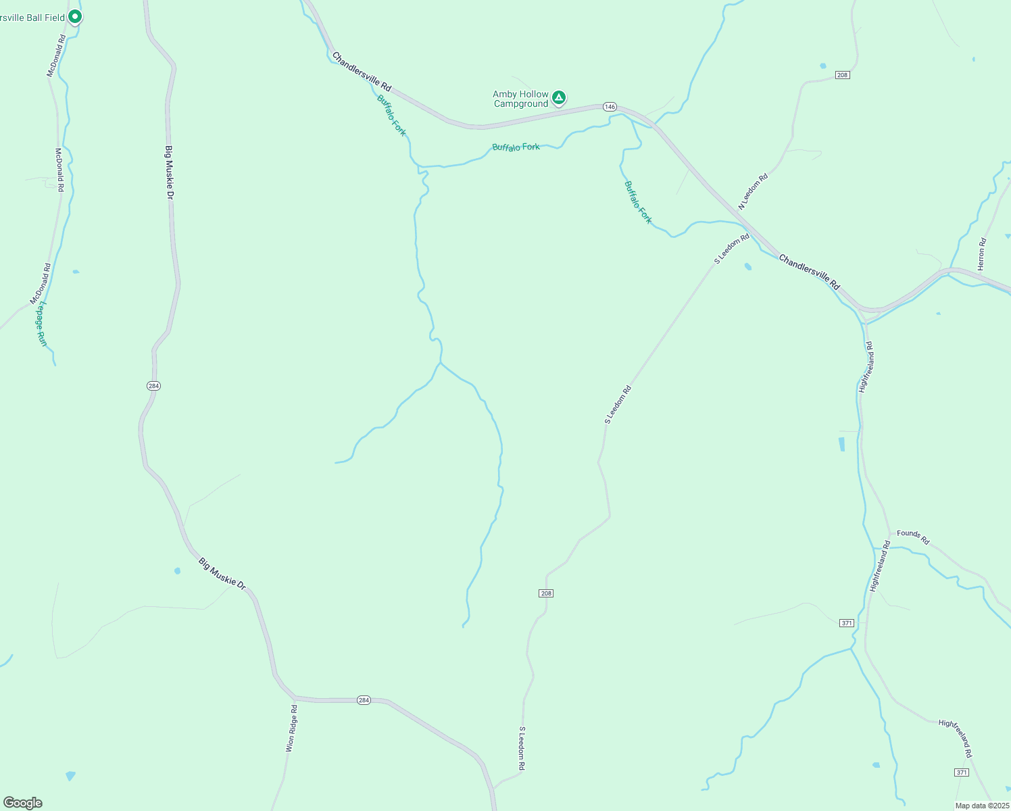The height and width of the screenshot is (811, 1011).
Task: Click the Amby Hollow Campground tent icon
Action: tap(559, 98)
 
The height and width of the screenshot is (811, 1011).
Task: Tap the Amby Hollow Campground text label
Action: tap(520, 99)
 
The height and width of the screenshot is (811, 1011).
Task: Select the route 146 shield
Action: tap(610, 107)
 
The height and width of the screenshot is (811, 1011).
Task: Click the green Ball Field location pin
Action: tap(75, 16)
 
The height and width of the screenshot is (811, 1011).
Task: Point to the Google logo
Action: tap(22, 803)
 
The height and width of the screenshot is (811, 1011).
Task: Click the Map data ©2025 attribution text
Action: tap(981, 806)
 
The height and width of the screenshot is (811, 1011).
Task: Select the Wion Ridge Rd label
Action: tap(291, 729)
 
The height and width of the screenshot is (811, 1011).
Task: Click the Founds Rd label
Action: tap(914, 537)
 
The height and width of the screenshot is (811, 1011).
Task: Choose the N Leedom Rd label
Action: tap(753, 192)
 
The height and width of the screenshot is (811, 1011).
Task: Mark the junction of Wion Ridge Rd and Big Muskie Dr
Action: tap(295, 697)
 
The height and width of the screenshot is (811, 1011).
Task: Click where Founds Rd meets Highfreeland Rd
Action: tap(891, 534)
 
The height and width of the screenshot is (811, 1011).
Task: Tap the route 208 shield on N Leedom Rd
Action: tap(841, 75)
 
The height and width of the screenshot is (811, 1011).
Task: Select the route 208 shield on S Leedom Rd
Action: tap(546, 593)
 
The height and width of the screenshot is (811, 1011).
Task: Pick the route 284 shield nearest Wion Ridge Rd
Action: tap(364, 700)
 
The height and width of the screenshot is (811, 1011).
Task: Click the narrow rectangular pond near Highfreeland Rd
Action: tap(841, 444)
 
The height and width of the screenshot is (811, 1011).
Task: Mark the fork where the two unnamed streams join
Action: tap(441, 363)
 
